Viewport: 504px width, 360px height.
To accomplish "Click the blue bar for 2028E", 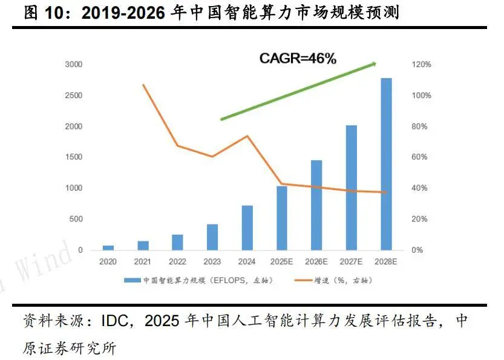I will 386,164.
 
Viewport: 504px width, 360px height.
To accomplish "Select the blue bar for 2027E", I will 351,188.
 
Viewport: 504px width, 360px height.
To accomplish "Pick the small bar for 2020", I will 108,247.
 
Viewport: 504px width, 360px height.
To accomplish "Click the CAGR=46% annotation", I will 298,58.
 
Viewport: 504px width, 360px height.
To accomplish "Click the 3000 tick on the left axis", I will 75,65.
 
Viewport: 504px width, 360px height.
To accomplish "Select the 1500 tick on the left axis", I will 75,157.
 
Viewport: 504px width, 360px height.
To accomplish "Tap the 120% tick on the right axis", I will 422,65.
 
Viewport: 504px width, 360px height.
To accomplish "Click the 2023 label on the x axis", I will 212,263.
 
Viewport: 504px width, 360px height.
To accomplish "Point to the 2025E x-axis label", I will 282,263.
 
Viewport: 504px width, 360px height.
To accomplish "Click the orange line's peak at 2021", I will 143,85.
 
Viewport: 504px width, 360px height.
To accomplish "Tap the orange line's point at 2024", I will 247,136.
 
